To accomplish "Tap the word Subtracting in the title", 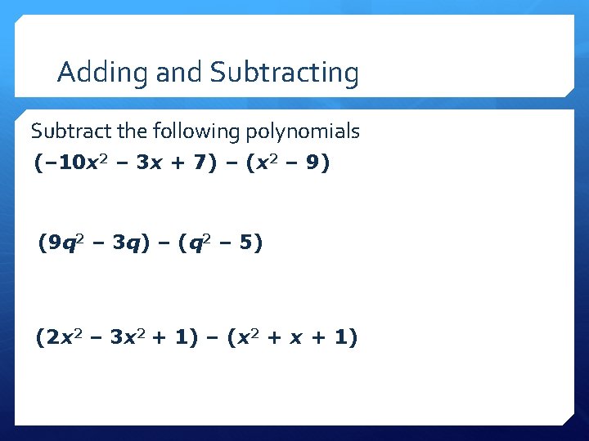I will click(x=285, y=73).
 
